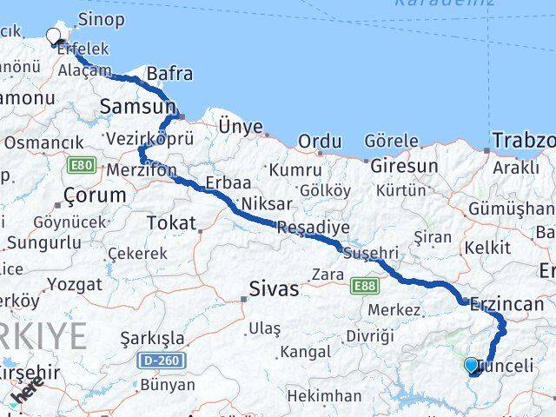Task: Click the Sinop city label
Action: click(x=102, y=19)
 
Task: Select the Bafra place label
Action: click(x=170, y=74)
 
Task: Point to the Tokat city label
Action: click(x=172, y=223)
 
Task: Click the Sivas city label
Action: click(x=274, y=288)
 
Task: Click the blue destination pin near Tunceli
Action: click(x=471, y=366)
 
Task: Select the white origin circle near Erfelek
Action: click(x=55, y=36)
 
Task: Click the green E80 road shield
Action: click(x=82, y=163)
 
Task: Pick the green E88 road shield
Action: click(x=366, y=283)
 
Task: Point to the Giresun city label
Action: click(x=404, y=165)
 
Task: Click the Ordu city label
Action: click(x=319, y=142)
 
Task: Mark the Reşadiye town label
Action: click(x=313, y=228)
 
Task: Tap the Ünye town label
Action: click(x=241, y=127)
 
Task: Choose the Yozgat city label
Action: click(x=75, y=284)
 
